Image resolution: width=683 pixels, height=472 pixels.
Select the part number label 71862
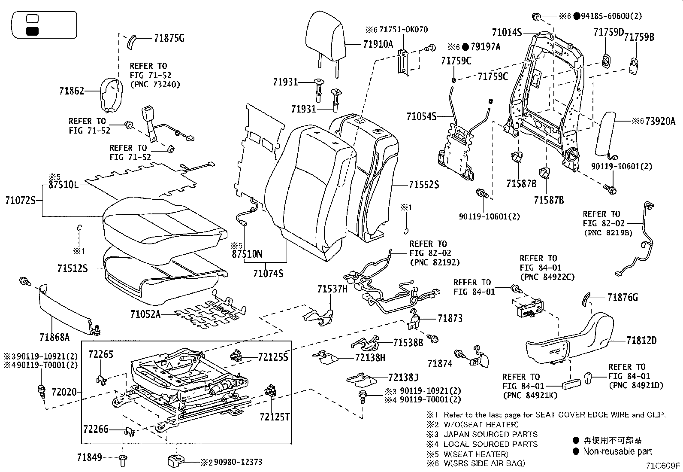pyautogui.click(x=72, y=91)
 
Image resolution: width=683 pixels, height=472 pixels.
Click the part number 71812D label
pyautogui.click(x=641, y=341)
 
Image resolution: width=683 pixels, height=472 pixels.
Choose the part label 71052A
pyautogui.click(x=145, y=314)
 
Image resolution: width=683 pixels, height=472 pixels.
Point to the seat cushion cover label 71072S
pyautogui.click(x=20, y=200)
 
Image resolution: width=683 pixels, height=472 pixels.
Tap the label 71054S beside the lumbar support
pyautogui.click(x=421, y=116)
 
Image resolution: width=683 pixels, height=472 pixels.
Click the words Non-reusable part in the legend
pyautogui.click(x=617, y=451)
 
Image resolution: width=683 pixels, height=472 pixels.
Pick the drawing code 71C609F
pyautogui.click(x=664, y=465)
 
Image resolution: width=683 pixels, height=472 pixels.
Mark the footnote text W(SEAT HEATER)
pyautogui.click(x=476, y=454)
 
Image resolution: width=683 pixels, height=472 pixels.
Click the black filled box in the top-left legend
pyautogui.click(x=33, y=31)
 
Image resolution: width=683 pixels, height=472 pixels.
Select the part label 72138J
pyautogui.click(x=403, y=378)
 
